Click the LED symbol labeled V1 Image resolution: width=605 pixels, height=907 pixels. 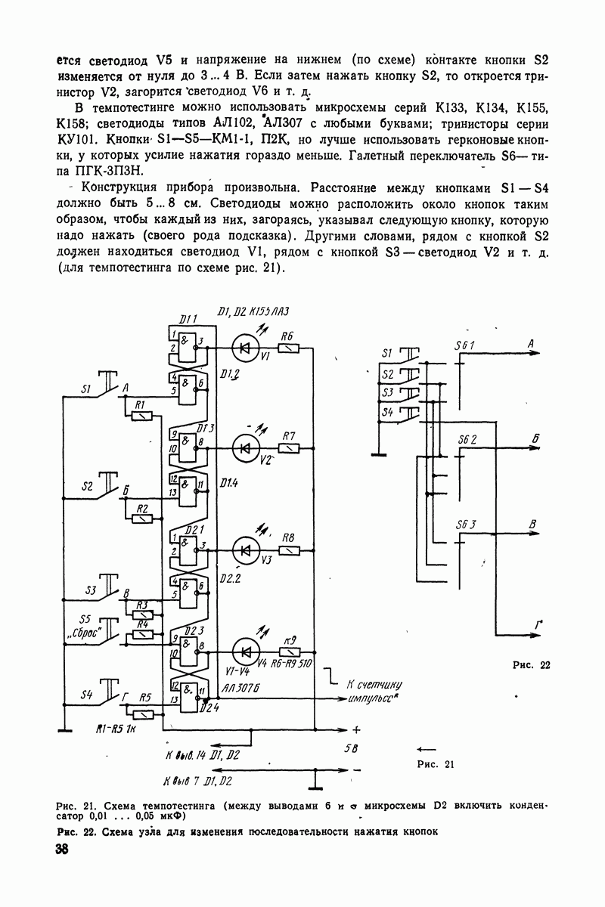[244, 347]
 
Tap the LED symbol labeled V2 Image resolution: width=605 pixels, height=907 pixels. [244, 448]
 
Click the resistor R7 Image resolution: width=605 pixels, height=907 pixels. [289, 448]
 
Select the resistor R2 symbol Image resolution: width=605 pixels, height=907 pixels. [141, 518]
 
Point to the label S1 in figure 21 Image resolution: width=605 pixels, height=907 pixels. [85, 391]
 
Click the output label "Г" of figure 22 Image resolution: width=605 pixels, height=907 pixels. [538, 623]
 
